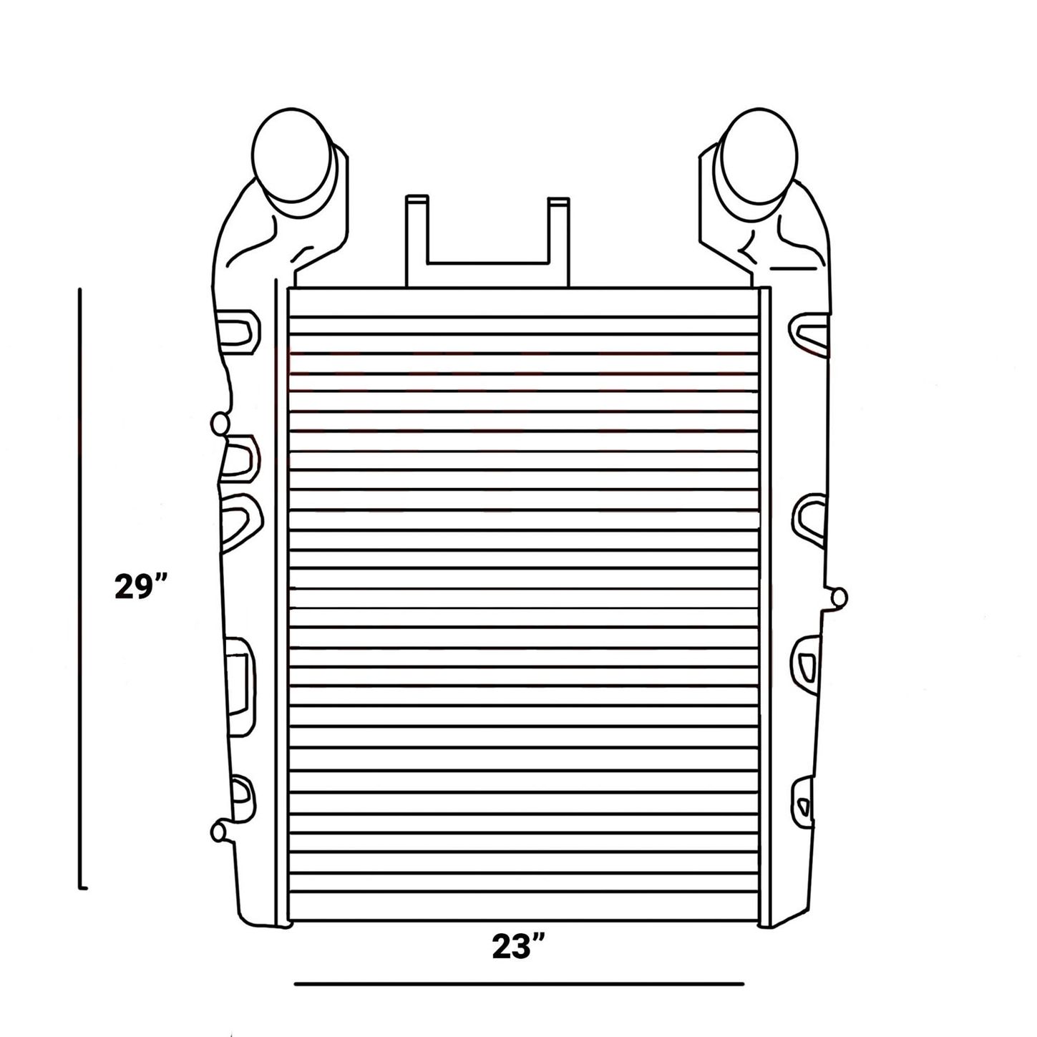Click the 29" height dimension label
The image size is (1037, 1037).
click(142, 586)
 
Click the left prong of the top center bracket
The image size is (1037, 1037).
click(417, 240)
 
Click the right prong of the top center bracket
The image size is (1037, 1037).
click(559, 242)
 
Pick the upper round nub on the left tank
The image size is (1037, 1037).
click(220, 424)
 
